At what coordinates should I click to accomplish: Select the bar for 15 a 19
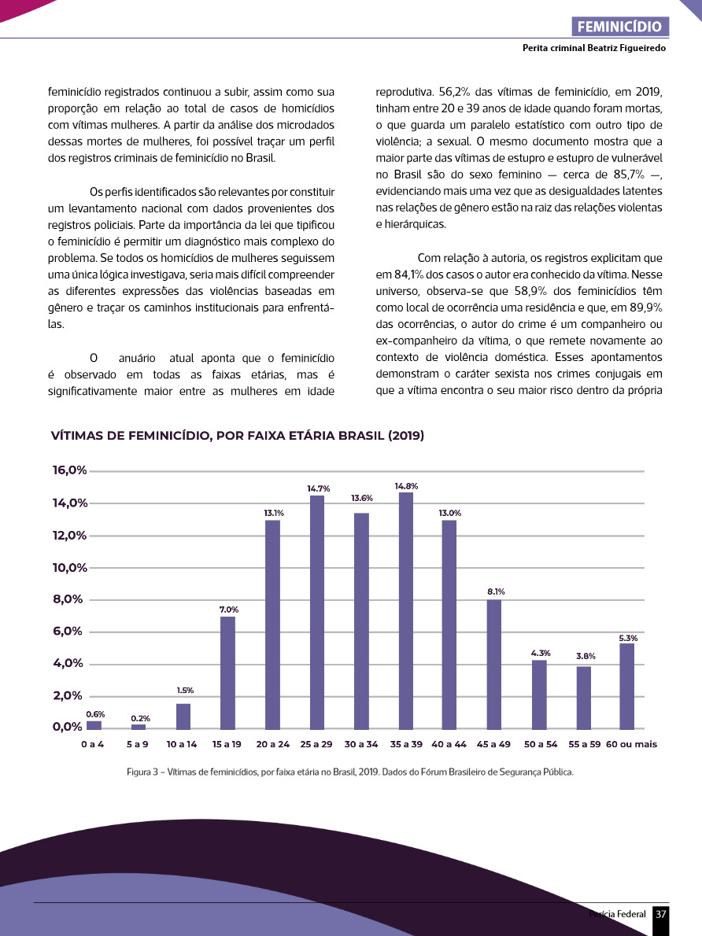(227, 673)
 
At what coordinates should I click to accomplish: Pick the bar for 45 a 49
(493, 665)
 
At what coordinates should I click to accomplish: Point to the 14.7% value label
(318, 488)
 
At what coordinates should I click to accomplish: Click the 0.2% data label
(140, 718)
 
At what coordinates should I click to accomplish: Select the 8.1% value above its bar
(496, 591)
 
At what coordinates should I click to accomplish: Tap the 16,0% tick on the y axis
(69, 470)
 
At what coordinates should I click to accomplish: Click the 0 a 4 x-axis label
(92, 743)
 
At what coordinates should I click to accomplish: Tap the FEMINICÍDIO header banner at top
(619, 26)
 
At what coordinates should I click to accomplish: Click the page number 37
(661, 914)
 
